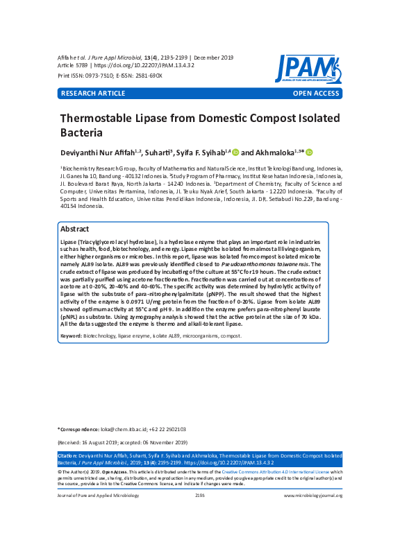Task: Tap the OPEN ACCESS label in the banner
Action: coord(316,93)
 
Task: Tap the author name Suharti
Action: coord(159,152)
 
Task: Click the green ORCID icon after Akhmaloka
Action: coord(310,152)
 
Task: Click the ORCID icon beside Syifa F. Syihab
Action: coord(235,152)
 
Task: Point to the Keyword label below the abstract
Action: coord(71,335)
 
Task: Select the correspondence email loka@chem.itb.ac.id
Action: coord(122,430)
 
